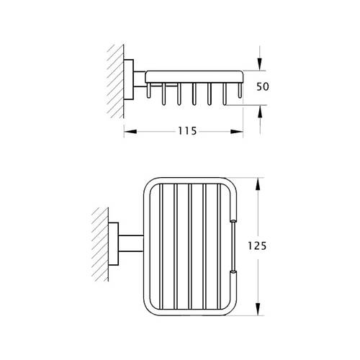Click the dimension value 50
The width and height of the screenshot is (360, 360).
[263, 86]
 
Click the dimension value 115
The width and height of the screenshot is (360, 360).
[187, 131]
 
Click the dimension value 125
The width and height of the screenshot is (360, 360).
[257, 246]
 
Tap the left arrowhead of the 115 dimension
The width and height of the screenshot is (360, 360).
[130, 132]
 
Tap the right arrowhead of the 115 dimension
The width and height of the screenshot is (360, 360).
[237, 132]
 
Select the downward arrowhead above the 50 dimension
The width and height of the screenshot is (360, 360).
[260, 64]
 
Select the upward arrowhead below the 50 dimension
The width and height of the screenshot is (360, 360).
[260, 112]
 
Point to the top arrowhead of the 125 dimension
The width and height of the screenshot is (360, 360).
[258, 184]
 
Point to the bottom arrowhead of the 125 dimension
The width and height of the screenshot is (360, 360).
[258, 309]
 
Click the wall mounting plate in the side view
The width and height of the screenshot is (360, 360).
[129, 79]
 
